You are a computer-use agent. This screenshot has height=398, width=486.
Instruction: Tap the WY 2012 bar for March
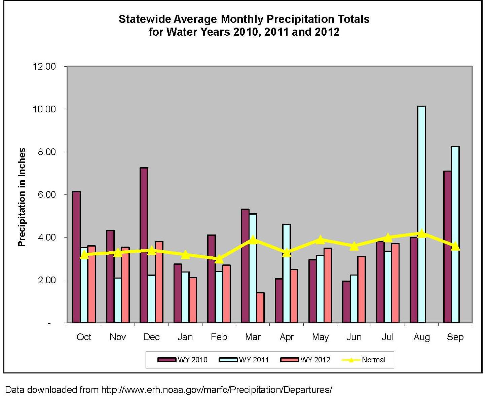coord(260,307)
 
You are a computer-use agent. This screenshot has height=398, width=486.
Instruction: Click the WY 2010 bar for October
coord(76,257)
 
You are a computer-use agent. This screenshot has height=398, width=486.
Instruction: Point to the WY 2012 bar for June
coord(361,289)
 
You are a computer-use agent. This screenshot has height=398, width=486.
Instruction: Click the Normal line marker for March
coord(253,240)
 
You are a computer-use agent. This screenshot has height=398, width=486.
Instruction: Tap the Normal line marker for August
coord(421,233)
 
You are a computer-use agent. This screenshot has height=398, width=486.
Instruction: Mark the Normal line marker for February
coord(219,259)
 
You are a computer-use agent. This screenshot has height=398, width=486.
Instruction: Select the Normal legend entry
coord(364,360)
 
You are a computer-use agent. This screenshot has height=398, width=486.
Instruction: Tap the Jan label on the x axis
coord(185,337)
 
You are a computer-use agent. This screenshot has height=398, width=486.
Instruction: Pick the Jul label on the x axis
coord(387,337)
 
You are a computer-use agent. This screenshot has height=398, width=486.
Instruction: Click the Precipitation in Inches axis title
coord(22,197)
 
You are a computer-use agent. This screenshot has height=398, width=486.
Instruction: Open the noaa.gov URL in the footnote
coord(217,390)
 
